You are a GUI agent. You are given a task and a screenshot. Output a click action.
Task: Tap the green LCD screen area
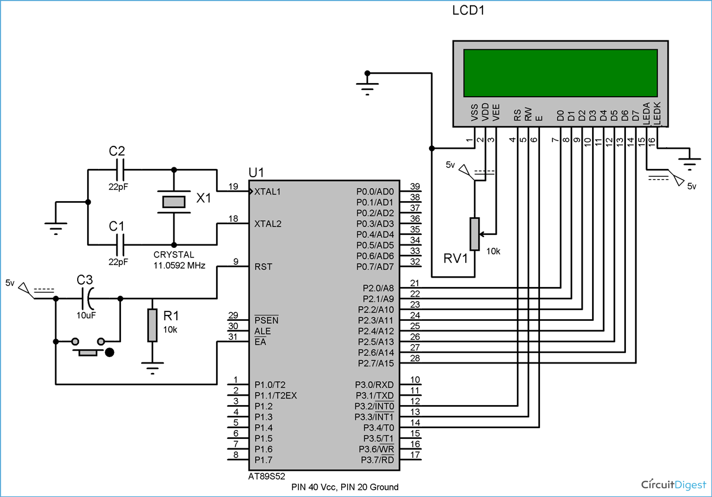(560, 73)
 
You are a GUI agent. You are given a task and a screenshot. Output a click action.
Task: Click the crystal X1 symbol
(174, 202)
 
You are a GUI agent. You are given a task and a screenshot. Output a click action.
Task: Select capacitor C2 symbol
(120, 170)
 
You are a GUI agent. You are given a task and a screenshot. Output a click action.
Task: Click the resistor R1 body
(152, 325)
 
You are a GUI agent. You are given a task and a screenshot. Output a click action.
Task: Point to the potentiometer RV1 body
(475, 234)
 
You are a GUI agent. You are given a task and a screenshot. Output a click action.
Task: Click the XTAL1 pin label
(268, 192)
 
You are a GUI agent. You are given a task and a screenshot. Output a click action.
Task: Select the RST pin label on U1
(263, 267)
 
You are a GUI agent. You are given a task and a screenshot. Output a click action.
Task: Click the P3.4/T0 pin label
(379, 427)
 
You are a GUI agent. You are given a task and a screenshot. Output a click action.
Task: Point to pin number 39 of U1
(415, 186)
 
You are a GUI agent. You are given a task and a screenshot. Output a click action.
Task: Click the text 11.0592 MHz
(179, 266)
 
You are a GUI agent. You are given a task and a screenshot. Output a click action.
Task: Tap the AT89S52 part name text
(266, 476)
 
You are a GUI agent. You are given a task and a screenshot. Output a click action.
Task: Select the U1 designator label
(256, 173)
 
